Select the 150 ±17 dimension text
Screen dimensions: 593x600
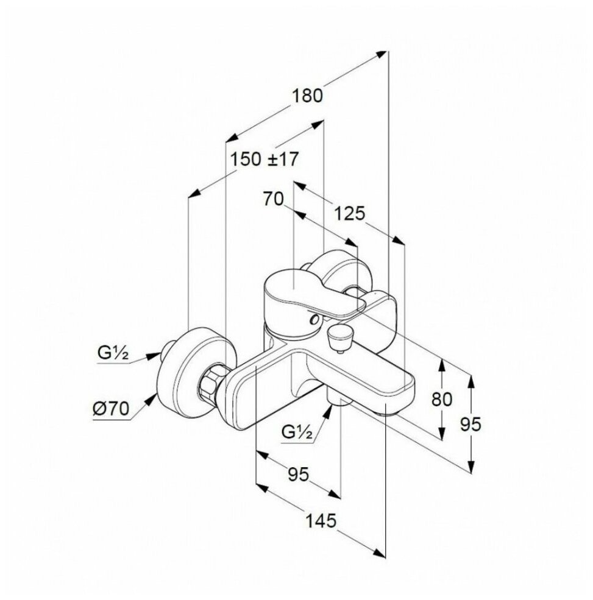265,160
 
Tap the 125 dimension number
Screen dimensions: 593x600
349,213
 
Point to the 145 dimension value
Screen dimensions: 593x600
322,521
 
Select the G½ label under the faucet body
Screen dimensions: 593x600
298,433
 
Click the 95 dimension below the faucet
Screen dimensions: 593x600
297,474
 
